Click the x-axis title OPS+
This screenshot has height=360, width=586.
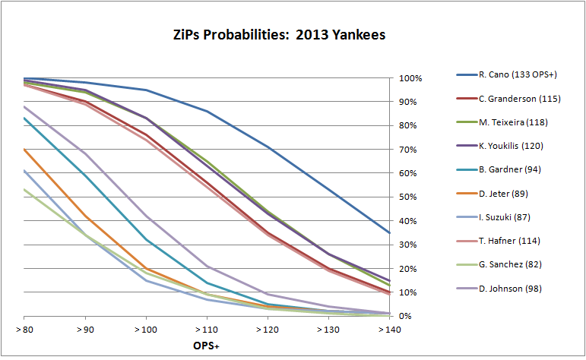pos(206,345)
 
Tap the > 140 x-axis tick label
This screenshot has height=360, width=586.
pos(389,331)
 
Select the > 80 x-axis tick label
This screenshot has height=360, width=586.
pos(24,331)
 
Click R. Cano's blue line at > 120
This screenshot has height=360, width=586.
pos(267,147)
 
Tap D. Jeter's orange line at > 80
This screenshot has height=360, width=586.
pos(24,150)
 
